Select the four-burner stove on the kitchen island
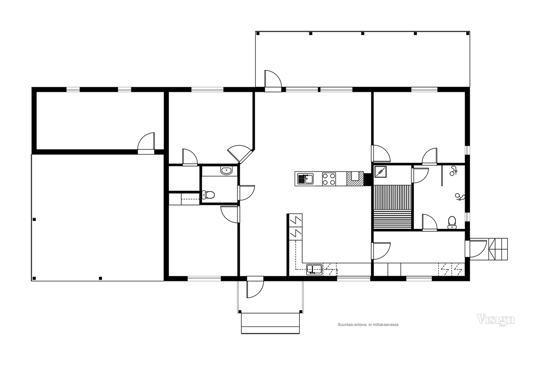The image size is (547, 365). (329, 179)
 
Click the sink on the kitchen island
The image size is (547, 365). (305, 179)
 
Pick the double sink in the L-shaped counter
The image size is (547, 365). (314, 270)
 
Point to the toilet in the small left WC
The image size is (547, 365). (208, 195)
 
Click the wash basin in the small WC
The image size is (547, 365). (226, 170)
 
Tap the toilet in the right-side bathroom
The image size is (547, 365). (452, 223)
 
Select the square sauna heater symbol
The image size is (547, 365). (380, 172)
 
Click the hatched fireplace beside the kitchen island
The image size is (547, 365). (355, 179)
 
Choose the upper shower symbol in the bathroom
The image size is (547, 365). (453, 171)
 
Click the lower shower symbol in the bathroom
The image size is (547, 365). (460, 197)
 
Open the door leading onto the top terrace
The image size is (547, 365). (273, 81)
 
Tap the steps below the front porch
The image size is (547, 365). (270, 323)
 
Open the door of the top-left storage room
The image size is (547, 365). (146, 143)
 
